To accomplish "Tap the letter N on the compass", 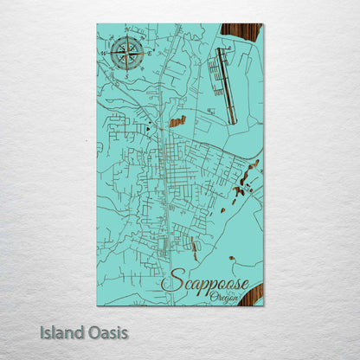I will pyautogui.click(x=127, y=35).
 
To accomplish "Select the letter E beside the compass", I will pyautogui.click(x=146, y=53).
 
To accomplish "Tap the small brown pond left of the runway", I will pyautogui.click(x=177, y=122).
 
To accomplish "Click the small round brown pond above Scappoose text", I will pyautogui.click(x=231, y=258).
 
